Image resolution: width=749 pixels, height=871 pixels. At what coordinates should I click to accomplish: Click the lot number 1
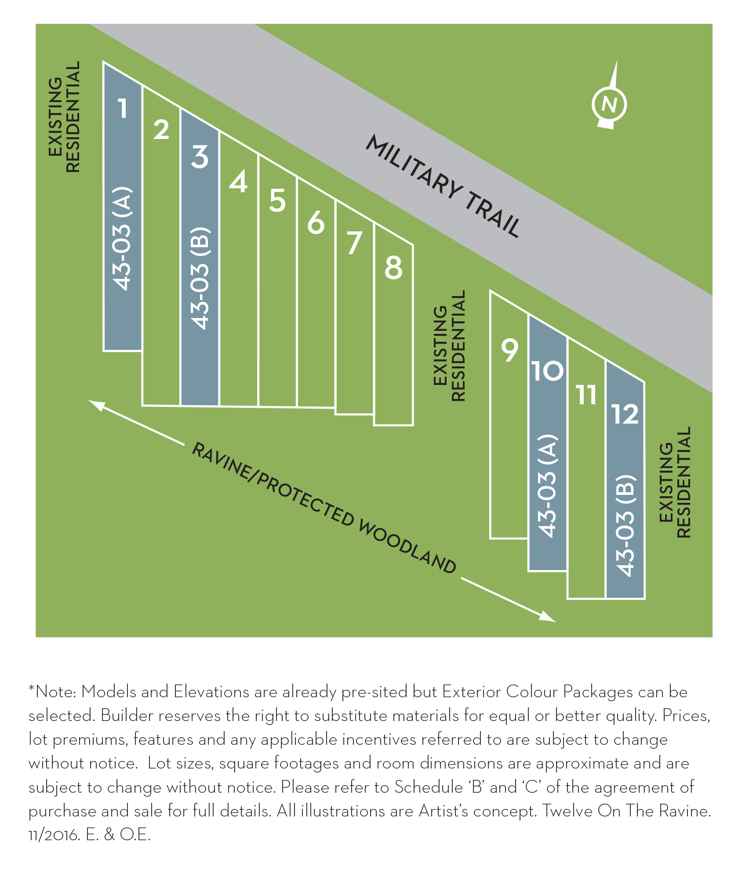[123, 108]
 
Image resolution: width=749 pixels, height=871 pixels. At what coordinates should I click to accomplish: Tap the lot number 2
[161, 130]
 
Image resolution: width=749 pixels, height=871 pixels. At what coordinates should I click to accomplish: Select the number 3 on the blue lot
[200, 157]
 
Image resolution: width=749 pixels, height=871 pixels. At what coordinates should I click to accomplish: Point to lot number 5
[277, 201]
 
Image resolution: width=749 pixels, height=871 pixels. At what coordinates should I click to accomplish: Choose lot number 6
[316, 223]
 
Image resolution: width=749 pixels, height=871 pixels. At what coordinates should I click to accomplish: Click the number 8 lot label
[393, 267]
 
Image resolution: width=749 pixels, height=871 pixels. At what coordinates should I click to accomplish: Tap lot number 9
[510, 350]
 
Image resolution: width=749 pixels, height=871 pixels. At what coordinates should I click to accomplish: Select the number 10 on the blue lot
[547, 371]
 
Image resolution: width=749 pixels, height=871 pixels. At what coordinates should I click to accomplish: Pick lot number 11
[587, 395]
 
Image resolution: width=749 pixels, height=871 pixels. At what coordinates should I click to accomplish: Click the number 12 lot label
[625, 414]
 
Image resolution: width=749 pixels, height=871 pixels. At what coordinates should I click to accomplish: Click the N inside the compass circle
[609, 105]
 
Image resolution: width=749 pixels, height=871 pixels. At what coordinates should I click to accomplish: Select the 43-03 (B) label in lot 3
[200, 278]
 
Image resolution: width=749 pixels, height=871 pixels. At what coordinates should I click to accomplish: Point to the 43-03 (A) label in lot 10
[548, 486]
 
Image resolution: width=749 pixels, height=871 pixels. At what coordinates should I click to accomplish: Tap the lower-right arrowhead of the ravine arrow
[549, 617]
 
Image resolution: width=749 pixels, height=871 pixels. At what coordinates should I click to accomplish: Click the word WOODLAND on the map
[407, 547]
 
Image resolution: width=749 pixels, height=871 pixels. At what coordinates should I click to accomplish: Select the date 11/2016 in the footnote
[54, 835]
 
